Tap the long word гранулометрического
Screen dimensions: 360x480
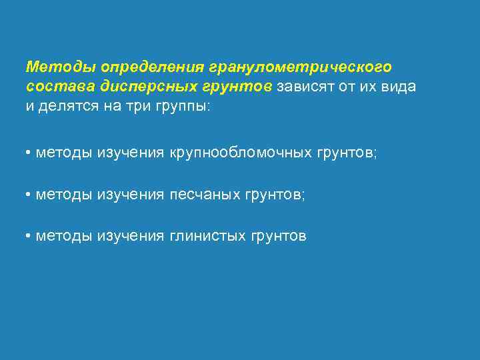coord(301,67)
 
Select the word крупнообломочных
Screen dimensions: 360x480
coord(241,153)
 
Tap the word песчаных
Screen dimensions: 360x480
coord(205,195)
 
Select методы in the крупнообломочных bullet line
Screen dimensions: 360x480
coord(64,153)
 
